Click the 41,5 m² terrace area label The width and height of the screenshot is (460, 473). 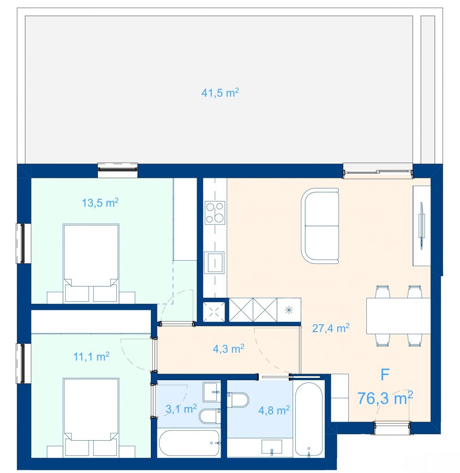coord(220,92)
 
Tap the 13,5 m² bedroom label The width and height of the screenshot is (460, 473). coord(100,203)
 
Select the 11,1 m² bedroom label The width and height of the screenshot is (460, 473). coord(91,357)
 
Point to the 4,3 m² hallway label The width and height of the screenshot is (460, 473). coord(228,349)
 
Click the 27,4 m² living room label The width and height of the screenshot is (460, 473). coord(331,328)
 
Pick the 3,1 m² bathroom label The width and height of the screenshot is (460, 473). coord(181,409)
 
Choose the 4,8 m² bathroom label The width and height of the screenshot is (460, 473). coord(274,410)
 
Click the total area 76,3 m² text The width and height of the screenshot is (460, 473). coord(385,398)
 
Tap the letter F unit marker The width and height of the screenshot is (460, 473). coord(385,375)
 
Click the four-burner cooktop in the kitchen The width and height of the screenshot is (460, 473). coord(215,212)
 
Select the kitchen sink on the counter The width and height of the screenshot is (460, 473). coord(214,262)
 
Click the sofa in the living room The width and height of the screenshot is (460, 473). coord(320,226)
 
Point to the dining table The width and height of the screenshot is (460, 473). coord(398,316)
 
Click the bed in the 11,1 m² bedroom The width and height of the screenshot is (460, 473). coord(91,417)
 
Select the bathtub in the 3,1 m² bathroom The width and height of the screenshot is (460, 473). coord(189,443)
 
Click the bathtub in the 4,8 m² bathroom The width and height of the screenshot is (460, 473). coord(309,419)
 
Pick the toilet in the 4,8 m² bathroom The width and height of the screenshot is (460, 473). coord(238,400)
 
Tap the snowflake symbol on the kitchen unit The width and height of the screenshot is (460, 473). coord(288,310)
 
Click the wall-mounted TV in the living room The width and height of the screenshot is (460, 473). coord(421,225)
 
